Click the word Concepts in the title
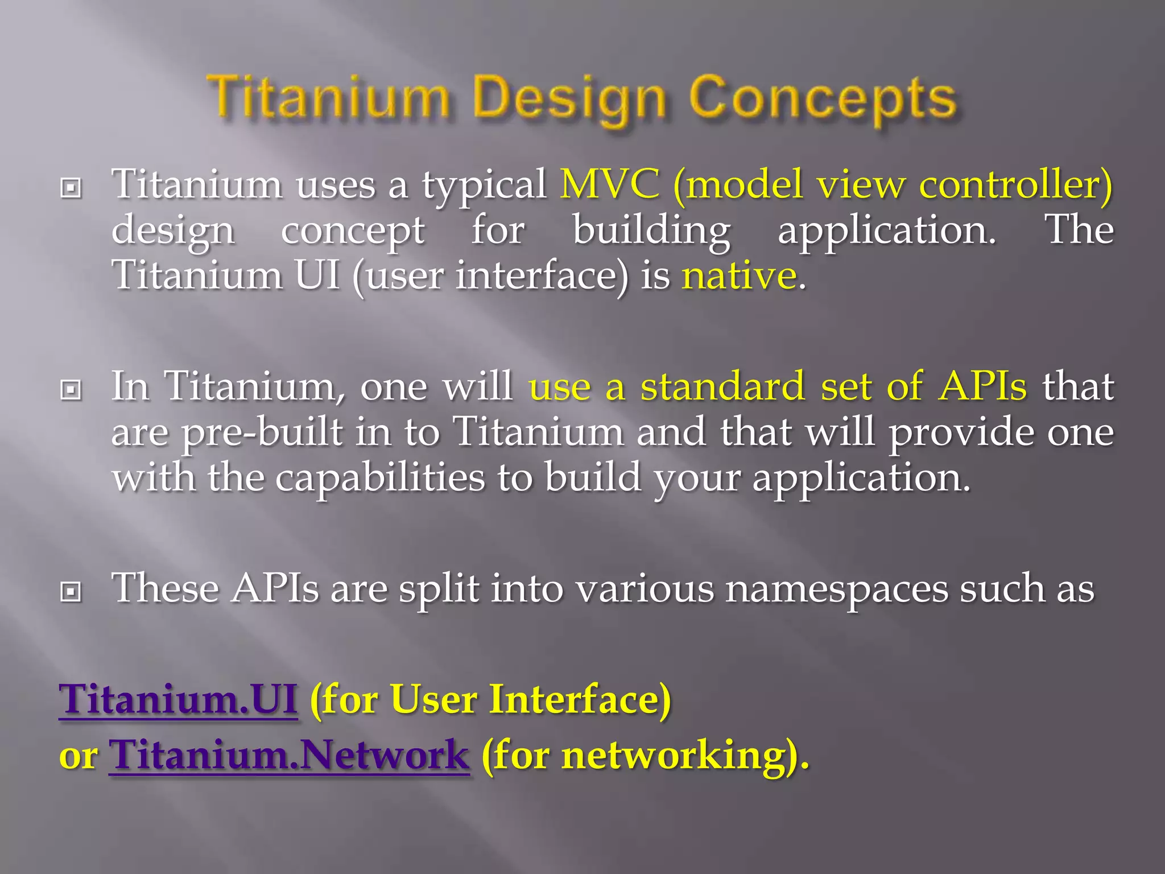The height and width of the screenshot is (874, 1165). click(823, 98)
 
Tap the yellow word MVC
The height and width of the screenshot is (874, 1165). click(609, 184)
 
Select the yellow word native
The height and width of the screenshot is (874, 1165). click(739, 275)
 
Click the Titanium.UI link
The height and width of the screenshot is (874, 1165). click(178, 699)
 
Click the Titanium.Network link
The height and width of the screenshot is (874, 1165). click(289, 755)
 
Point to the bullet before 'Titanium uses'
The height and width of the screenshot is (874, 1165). click(71, 187)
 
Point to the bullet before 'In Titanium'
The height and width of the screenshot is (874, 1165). click(71, 390)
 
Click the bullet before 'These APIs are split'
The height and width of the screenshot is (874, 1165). click(71, 592)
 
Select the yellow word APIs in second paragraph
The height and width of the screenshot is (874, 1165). click(982, 386)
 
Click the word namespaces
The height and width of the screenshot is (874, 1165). click(836, 588)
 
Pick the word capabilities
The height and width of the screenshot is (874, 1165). click(380, 477)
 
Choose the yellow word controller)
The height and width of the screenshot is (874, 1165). click(1015, 184)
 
